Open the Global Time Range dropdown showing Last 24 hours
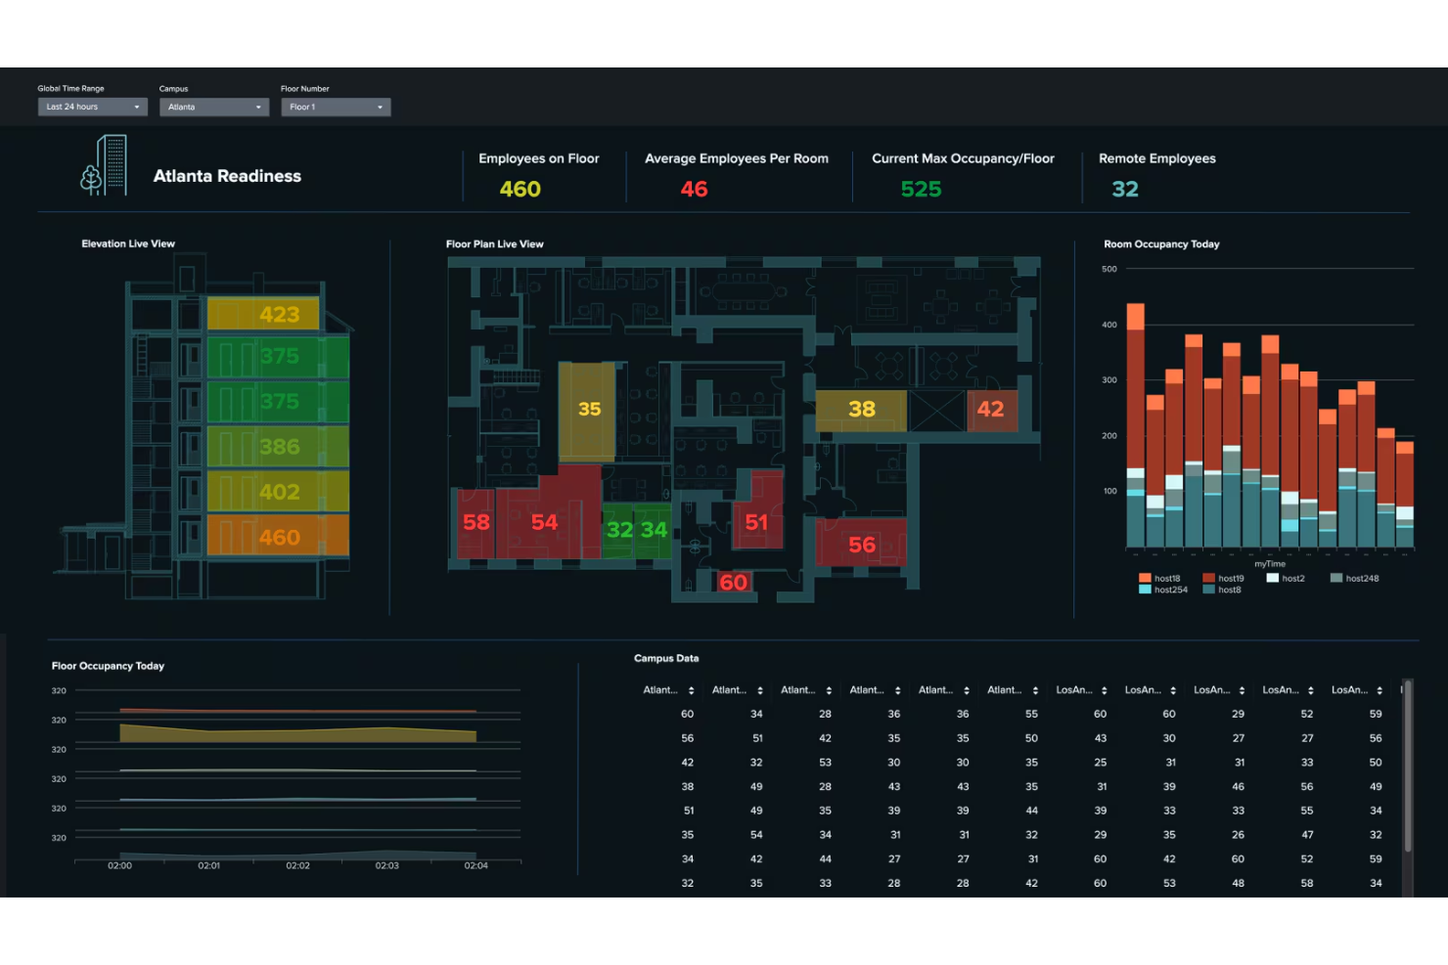pos(92,107)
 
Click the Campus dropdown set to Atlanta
pos(213,107)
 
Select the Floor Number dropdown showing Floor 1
pos(335,107)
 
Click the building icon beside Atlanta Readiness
pos(105,166)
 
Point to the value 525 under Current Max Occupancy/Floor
pos(921,189)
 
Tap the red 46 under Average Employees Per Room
pos(694,189)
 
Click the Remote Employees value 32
pos(1124,189)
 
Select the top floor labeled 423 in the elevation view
pos(278,315)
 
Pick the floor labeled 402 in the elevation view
pos(278,492)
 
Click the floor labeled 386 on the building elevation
pos(278,447)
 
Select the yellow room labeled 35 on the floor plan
pos(588,410)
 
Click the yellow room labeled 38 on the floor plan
pos(861,410)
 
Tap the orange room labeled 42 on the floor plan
pos(990,410)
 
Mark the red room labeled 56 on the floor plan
pos(861,545)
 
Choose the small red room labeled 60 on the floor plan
pos(733,583)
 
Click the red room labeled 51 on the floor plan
pos(756,522)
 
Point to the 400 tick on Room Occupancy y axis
pos(1109,325)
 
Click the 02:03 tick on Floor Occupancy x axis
pos(386,866)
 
